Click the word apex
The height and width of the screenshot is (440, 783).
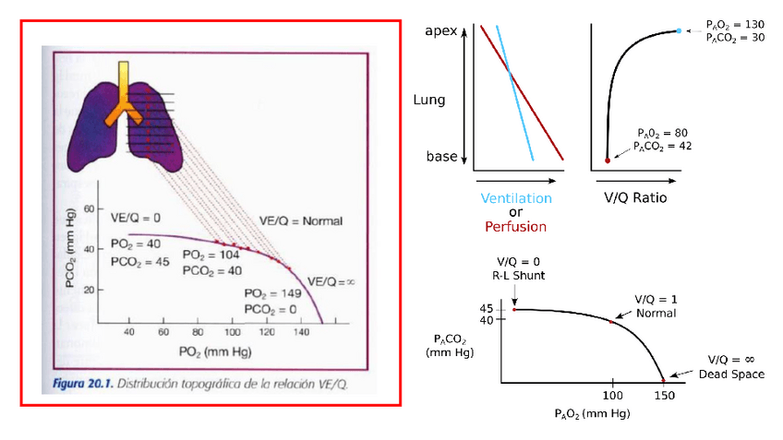(x=441, y=31)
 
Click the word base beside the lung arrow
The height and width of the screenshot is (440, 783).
(x=441, y=157)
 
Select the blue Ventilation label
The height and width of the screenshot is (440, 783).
(x=516, y=198)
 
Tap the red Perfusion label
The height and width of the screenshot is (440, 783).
(x=516, y=226)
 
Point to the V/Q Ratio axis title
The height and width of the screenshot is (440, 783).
(x=634, y=198)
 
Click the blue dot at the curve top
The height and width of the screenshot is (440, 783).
(x=679, y=31)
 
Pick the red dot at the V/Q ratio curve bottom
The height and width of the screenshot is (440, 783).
(x=607, y=160)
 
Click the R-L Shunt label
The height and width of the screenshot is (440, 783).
(x=519, y=275)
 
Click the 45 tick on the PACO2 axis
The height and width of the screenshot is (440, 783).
(x=487, y=308)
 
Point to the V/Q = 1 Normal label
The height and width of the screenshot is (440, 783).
(x=656, y=306)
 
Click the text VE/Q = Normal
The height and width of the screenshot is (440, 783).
(x=301, y=220)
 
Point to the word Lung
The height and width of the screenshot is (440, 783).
(x=429, y=99)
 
